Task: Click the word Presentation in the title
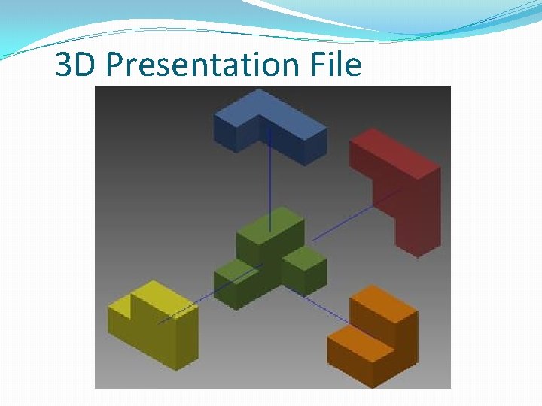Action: [x=203, y=65]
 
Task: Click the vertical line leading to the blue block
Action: [x=270, y=180]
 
